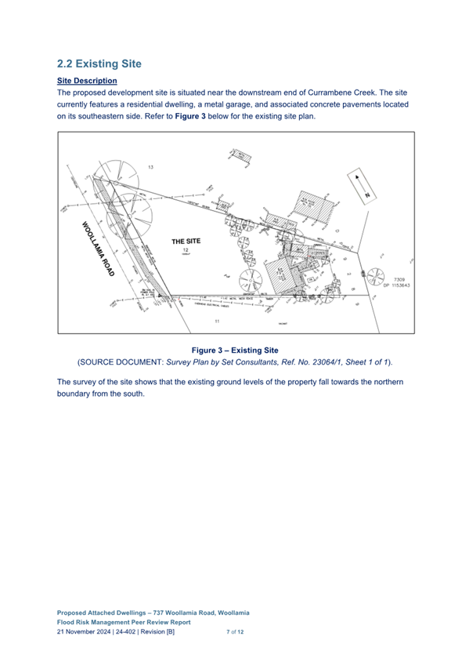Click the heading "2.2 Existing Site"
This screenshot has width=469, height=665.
(99, 63)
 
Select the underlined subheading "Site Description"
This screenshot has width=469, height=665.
(88, 81)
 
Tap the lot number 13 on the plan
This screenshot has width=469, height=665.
(150, 168)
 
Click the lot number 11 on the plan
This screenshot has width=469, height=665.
(217, 322)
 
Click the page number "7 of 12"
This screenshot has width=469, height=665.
(235, 631)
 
